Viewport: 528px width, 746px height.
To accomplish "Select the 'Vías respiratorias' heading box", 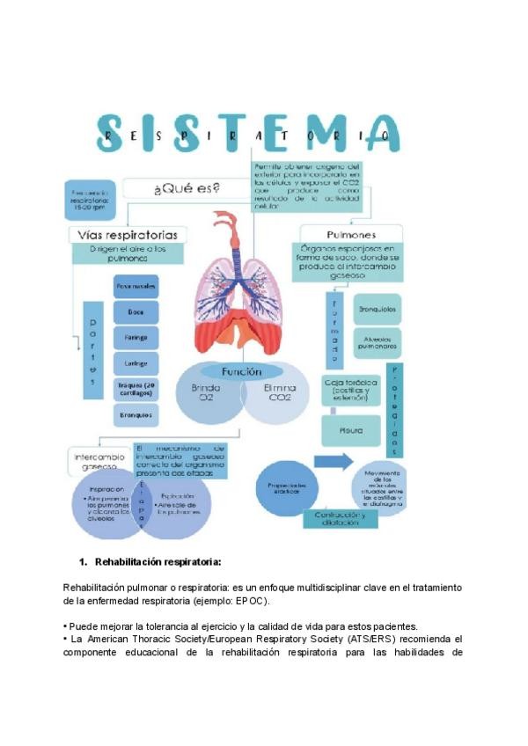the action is [x=128, y=235].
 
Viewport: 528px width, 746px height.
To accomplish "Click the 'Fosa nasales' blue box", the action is [x=136, y=286].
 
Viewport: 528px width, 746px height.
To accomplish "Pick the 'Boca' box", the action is [x=136, y=311].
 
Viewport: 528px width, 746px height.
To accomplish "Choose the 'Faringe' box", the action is [x=136, y=337].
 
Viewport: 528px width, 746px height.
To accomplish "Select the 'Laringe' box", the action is [x=136, y=362].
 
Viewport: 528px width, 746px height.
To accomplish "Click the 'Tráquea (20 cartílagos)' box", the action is [x=136, y=388].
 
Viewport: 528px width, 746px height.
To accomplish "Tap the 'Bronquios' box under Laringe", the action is [x=136, y=413].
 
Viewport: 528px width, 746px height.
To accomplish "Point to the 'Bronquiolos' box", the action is [x=378, y=311].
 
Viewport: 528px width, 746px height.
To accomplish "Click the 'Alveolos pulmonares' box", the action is [x=378, y=341].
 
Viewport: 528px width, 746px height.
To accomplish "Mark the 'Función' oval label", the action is [x=241, y=371].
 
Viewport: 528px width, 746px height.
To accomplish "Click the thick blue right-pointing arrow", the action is [x=334, y=462].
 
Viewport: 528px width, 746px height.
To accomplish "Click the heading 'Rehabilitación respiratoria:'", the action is [x=158, y=561].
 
